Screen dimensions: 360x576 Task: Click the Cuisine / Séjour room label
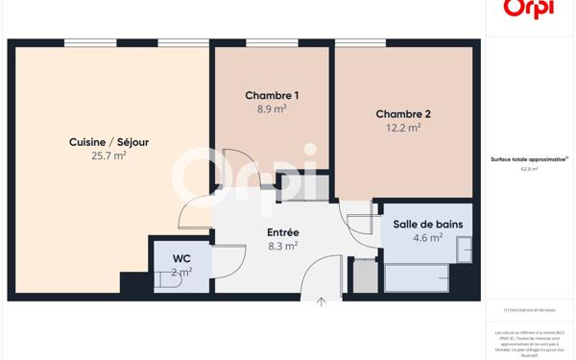(108, 142)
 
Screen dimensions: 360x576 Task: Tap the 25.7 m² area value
(108, 156)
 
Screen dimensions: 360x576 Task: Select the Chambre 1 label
(272, 95)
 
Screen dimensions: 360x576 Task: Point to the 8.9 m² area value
(272, 109)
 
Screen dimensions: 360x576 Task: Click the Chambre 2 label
(403, 114)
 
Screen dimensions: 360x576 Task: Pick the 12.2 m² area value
(403, 128)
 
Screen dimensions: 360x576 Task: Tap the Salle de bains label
(427, 225)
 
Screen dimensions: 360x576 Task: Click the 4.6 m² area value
(427, 238)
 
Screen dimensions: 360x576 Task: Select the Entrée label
(282, 232)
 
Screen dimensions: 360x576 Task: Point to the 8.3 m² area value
(282, 246)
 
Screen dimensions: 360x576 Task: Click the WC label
(181, 259)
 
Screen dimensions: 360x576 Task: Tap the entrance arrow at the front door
(322, 302)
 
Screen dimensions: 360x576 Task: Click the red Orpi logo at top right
(529, 10)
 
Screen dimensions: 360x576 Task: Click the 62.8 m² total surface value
(529, 169)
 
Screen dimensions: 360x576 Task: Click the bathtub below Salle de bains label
(417, 277)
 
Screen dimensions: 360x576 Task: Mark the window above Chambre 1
(272, 43)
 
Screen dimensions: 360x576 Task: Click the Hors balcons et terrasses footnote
(529, 310)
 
